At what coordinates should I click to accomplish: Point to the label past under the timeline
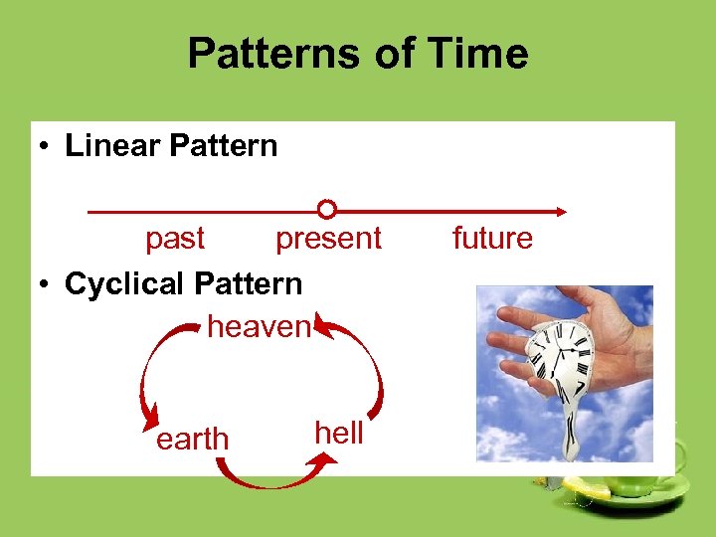[x=175, y=239]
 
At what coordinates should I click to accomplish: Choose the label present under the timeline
[x=328, y=239]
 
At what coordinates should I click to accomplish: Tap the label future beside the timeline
[x=492, y=239]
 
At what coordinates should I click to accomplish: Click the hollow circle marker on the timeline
[x=326, y=210]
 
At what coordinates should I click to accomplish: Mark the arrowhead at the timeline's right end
[x=561, y=211]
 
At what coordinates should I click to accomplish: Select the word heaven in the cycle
[x=260, y=325]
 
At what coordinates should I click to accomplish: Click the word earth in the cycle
[x=192, y=439]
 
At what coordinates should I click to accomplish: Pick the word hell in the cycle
[x=339, y=433]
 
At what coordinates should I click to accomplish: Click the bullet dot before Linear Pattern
[x=46, y=147]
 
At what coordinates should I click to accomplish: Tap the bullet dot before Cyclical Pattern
[x=46, y=284]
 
